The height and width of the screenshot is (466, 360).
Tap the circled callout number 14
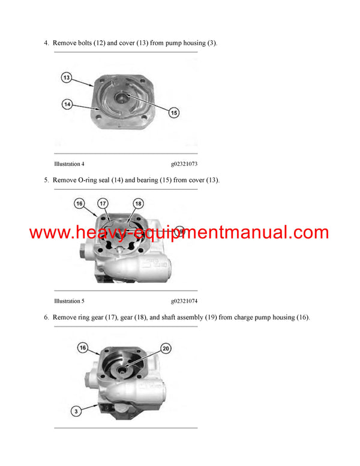click(x=67, y=104)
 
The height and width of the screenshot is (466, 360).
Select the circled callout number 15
click(x=173, y=112)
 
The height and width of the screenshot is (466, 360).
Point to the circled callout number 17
click(x=103, y=204)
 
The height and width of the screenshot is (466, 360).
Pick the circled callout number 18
click(x=138, y=204)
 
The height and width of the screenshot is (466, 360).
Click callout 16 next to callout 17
click(x=80, y=204)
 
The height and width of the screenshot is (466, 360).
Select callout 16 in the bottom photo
click(x=83, y=348)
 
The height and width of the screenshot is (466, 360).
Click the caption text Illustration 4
click(x=69, y=163)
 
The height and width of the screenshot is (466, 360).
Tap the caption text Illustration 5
click(x=69, y=301)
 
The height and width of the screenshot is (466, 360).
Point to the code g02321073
click(x=184, y=163)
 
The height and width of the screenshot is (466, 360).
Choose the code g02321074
click(x=184, y=301)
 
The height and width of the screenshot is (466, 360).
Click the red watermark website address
click(x=179, y=233)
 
